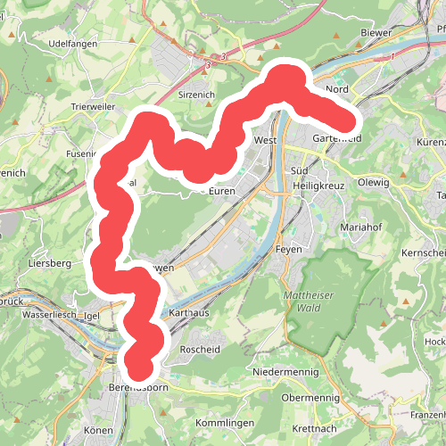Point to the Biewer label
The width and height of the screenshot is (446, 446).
376,33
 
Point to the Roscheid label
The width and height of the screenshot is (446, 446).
201,349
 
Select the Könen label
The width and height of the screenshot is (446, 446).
98,431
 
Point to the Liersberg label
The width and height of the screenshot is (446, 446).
49,264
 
